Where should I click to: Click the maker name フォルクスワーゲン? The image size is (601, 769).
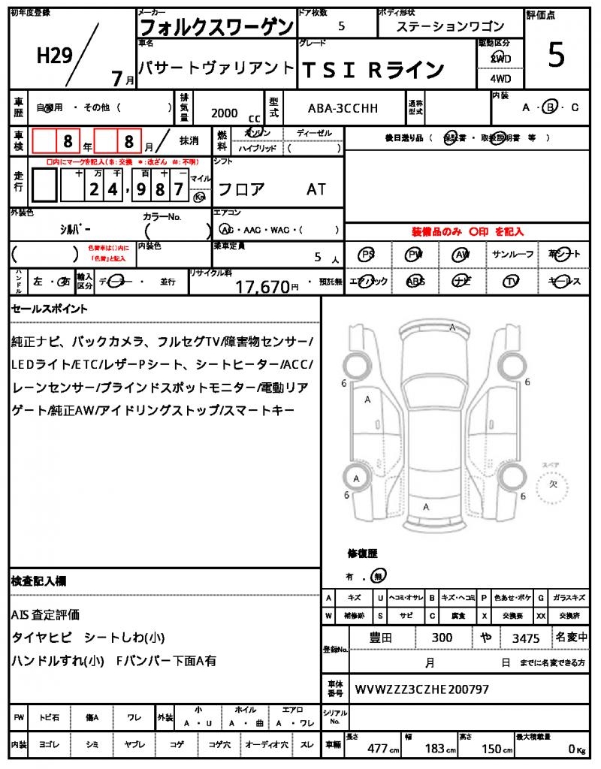216,27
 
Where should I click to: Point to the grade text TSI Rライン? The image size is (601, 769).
373,69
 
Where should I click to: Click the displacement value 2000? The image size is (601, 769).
224,113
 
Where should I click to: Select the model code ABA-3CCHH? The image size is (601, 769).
343,108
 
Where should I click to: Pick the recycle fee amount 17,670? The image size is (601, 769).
263,286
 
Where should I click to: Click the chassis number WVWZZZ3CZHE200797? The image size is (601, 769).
422,689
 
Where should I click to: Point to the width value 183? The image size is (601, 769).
435,748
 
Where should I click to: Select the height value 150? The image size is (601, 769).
492,748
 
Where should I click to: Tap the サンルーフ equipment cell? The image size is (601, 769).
513,255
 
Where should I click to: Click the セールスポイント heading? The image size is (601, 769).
50,309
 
